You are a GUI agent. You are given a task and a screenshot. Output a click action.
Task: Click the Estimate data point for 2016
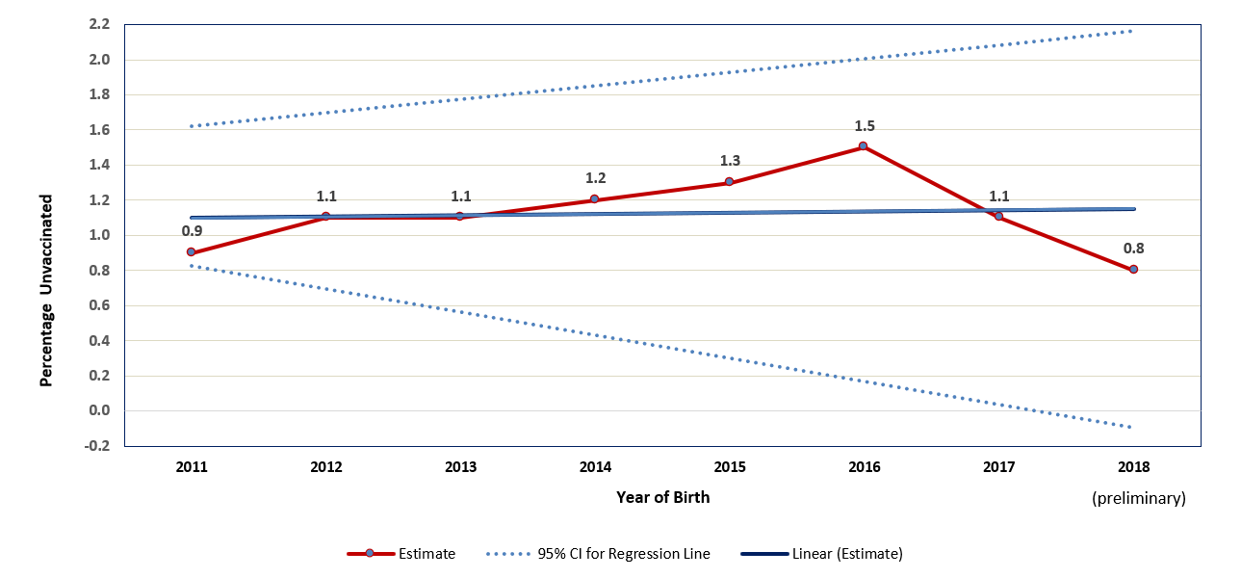click(x=863, y=146)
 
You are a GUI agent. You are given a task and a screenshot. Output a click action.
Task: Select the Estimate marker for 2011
click(x=191, y=252)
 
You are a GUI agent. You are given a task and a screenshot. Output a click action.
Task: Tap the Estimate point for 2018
click(x=1133, y=270)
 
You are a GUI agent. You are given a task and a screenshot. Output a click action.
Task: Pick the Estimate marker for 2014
click(x=594, y=199)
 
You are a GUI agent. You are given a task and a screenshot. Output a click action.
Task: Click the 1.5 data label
click(x=865, y=126)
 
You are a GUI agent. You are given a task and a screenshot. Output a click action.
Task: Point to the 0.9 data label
click(x=192, y=231)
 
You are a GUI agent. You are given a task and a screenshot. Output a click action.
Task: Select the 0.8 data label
click(x=1133, y=249)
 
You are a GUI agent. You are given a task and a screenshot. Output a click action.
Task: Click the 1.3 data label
click(x=729, y=161)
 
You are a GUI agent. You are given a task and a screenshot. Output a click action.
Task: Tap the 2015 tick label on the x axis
click(x=729, y=467)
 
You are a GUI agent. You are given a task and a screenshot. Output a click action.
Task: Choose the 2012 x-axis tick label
click(x=325, y=467)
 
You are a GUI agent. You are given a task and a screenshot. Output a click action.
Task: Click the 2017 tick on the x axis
click(x=998, y=467)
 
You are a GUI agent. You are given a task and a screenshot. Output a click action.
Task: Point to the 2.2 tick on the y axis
click(x=100, y=24)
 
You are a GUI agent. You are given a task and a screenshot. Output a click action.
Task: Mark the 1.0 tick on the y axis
click(x=100, y=235)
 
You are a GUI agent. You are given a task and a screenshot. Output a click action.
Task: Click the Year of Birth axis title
click(x=662, y=497)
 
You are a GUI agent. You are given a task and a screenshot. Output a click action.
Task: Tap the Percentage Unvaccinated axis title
click(x=45, y=290)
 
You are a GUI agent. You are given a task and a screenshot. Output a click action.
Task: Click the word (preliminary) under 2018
click(x=1138, y=498)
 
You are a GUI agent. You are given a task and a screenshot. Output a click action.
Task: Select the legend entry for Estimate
click(x=401, y=554)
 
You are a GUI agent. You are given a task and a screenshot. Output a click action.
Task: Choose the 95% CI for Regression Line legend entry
click(x=598, y=554)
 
